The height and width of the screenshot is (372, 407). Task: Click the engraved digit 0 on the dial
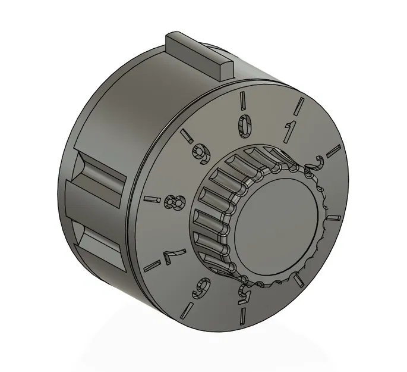point(245,125)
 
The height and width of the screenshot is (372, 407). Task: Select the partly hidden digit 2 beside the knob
point(314,164)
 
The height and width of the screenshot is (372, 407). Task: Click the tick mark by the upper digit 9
point(187,136)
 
